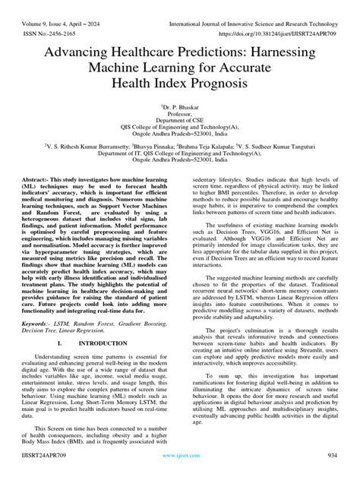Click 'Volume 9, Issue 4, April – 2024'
pos(61,10)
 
